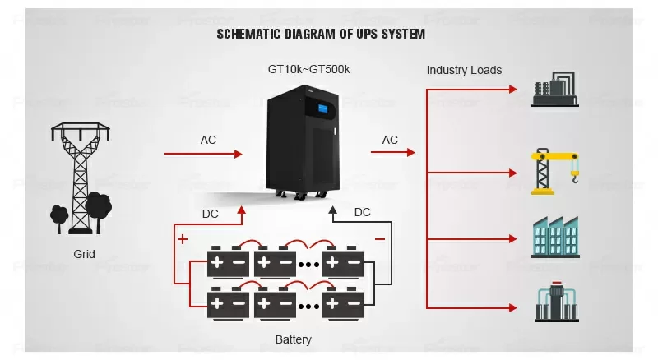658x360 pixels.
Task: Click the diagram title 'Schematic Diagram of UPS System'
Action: coord(321,35)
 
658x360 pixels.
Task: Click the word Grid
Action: coord(84,254)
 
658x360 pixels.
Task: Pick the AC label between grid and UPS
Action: coord(209,140)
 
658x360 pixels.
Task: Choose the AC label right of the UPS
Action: coord(390,140)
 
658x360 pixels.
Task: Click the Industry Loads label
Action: coord(464,70)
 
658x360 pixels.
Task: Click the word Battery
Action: coord(293,339)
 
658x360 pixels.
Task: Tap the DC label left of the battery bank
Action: coord(211,214)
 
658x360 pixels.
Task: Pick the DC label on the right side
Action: coord(362,212)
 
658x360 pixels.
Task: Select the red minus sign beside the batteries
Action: coord(379,239)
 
